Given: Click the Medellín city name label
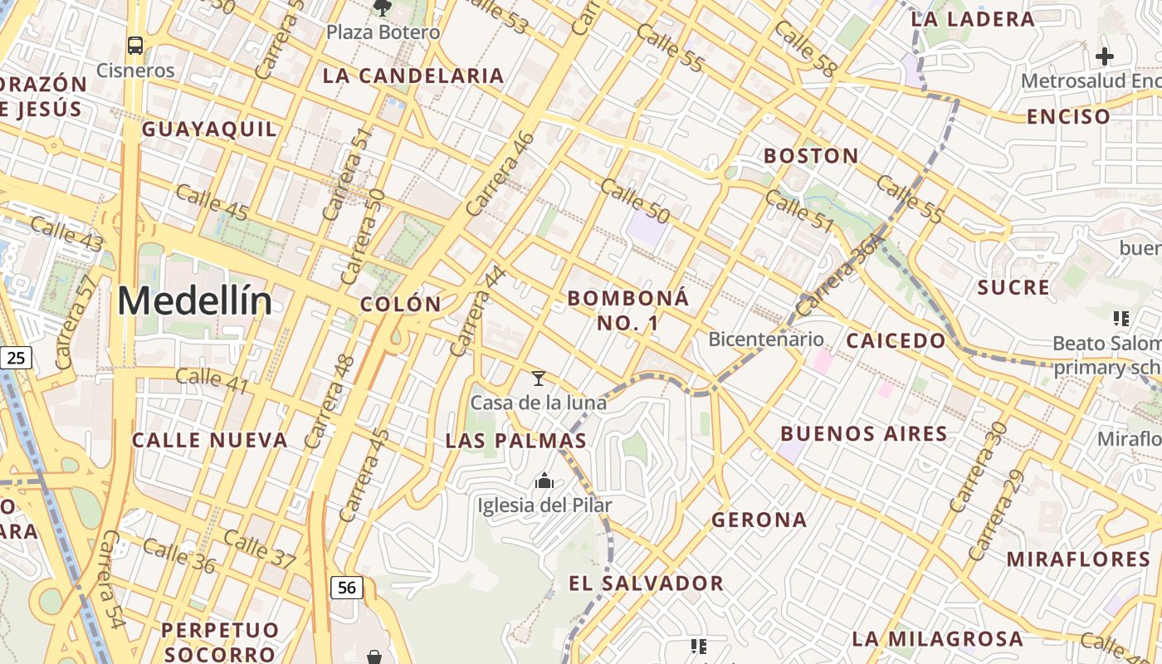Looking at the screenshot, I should point(194,300).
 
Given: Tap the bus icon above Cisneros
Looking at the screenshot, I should point(135,45).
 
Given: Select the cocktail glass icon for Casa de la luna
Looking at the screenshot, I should point(539,378).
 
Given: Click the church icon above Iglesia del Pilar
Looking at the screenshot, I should point(544,481).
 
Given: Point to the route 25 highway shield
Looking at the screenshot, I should point(16,358).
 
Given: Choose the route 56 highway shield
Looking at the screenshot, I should point(346,588).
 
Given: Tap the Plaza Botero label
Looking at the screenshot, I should point(383,32).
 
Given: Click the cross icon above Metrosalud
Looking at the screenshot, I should point(1104,56).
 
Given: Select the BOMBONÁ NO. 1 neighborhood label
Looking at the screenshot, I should point(628,310).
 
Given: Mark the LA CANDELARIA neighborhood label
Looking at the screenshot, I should point(413,76).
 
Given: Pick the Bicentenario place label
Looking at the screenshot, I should point(765,339).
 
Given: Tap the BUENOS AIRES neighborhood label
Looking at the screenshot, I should point(864,433).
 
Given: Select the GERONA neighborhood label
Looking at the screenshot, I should point(759,520).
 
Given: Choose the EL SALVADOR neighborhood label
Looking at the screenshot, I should point(646,583).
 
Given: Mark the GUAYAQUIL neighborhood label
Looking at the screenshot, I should point(209,129).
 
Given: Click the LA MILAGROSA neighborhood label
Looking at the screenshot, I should point(937,638).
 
